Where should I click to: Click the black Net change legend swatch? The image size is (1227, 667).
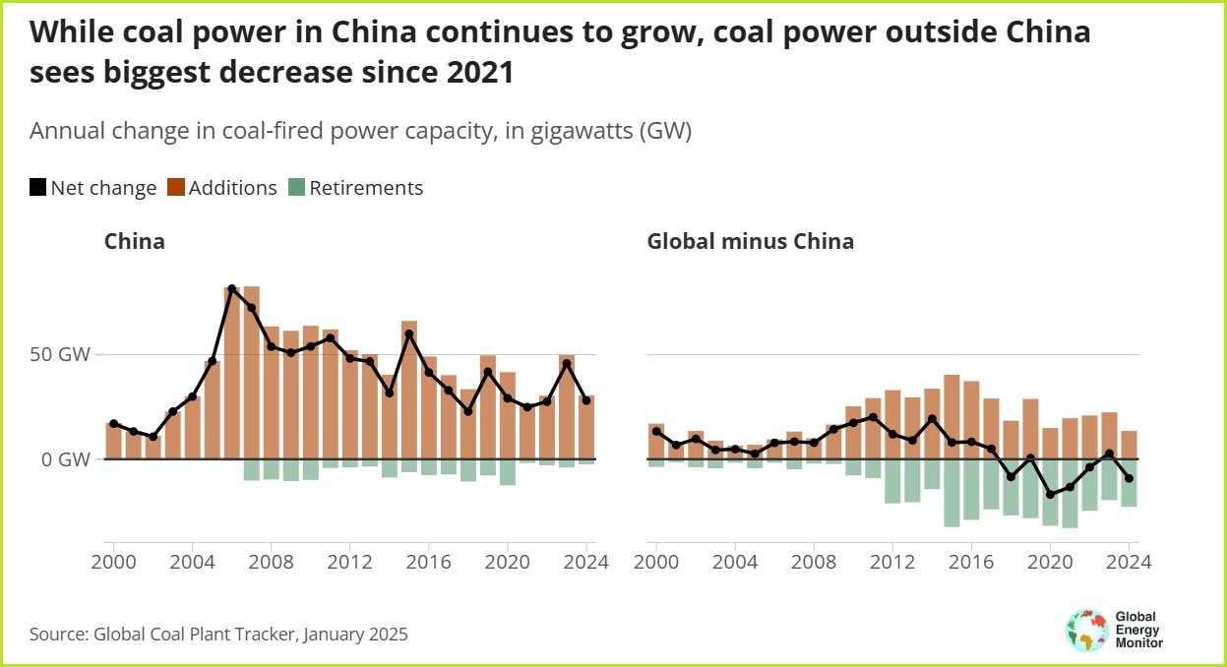coord(38,188)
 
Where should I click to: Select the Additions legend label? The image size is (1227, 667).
coord(232,188)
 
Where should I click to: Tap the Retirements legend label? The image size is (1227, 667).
coord(366,188)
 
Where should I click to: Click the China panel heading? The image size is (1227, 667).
coord(135,241)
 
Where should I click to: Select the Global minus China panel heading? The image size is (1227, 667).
coord(750,241)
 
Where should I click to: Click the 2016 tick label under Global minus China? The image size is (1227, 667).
coord(971,564)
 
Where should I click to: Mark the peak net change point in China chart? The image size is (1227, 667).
coord(232,288)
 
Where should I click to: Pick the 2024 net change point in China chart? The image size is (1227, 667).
coord(586,400)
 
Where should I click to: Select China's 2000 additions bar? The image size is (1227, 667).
coord(113,441)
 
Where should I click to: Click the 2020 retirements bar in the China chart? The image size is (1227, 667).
coord(508,472)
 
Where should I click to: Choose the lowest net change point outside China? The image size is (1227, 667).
coord(1050,495)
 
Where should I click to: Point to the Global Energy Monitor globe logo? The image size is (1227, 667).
coord(1086,631)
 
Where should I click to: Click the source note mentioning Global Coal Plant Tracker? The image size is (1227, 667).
coord(218,635)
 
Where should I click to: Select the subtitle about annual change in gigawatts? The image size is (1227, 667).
coord(360,132)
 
